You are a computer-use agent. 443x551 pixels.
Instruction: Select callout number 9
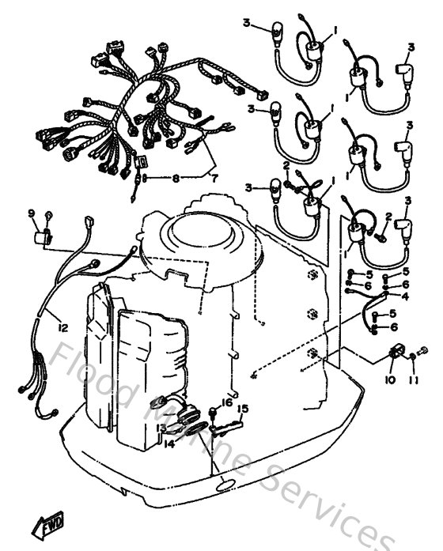tap(32, 213)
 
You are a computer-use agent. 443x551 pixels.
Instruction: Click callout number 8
tap(176, 179)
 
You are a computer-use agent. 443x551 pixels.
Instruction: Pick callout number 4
tap(405, 296)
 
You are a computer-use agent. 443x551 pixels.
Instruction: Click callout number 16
tap(228, 402)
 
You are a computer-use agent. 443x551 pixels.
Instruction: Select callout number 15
tap(243, 409)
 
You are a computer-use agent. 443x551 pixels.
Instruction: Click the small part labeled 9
tap(45, 236)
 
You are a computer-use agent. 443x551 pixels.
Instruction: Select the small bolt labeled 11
tap(420, 352)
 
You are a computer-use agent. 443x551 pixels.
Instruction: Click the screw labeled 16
tap(214, 413)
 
